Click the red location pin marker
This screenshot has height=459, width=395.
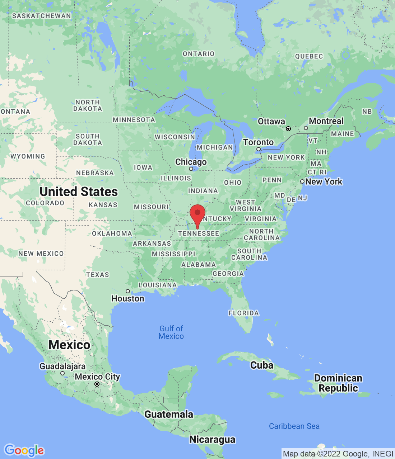197,214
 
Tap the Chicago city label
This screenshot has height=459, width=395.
191,162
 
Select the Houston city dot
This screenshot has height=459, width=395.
128,291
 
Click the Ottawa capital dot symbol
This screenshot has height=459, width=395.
288,129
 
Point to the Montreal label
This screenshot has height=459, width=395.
326,121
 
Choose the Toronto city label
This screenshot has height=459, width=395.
258,142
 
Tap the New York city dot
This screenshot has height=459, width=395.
302,181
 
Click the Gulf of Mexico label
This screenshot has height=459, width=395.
171,332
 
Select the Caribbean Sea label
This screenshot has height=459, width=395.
294,426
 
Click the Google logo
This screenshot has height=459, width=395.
24,450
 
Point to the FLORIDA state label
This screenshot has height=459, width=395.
243,313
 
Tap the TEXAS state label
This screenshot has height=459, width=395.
97,275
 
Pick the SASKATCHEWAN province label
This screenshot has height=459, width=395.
42,16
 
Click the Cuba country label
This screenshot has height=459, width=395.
262,365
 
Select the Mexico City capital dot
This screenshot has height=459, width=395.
97,384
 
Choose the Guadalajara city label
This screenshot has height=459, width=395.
62,366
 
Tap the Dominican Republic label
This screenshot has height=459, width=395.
338,383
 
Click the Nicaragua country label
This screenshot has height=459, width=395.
212,439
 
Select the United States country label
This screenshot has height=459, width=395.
79,191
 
